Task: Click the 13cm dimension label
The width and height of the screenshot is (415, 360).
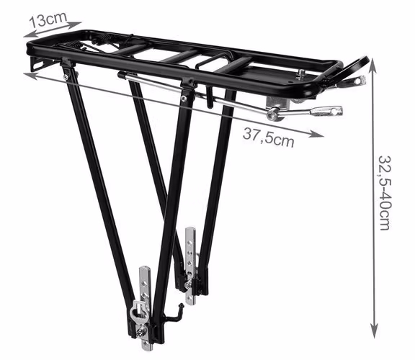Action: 48,19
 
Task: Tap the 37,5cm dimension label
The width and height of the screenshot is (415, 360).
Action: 268,138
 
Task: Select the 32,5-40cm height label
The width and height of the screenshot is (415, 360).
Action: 384,193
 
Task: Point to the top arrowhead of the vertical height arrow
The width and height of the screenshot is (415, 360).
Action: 373,64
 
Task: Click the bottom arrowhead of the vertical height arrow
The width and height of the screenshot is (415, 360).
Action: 374,331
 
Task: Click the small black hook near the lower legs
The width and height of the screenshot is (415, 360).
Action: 174,314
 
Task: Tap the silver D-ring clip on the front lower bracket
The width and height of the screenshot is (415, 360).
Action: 138,312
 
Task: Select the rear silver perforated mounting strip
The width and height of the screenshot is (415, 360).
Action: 190,266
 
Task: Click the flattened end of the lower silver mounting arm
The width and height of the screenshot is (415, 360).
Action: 326,111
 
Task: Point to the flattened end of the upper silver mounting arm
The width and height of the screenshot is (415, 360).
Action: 356,80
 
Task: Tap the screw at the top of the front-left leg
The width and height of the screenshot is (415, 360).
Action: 66,77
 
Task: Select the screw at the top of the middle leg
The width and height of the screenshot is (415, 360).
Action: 184,99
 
